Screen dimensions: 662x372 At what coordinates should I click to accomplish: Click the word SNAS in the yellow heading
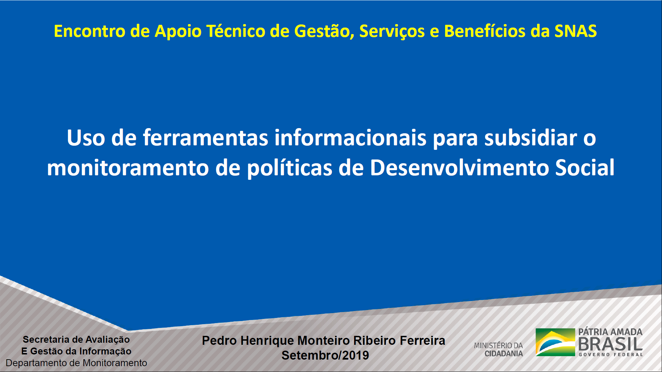(575, 31)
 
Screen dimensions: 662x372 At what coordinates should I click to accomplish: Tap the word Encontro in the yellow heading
(89, 31)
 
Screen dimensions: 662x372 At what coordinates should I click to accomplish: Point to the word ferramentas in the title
(205, 138)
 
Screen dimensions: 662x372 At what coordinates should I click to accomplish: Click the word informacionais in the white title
(350, 138)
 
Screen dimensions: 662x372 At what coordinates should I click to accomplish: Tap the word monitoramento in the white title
(128, 168)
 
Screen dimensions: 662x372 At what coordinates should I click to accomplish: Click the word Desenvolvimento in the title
(459, 168)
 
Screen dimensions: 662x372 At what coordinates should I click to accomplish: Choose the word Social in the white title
(585, 168)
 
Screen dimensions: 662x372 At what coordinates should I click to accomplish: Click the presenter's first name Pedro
(219, 341)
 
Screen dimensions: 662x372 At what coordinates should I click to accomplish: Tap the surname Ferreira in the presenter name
(422, 341)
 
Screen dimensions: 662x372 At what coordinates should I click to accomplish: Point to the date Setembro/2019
(325, 355)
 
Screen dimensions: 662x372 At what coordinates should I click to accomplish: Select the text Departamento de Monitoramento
(77, 363)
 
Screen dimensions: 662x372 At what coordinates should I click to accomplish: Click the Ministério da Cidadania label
(499, 349)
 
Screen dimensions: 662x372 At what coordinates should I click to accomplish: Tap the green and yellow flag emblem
(555, 342)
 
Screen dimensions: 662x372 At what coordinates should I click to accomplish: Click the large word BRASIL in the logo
(610, 344)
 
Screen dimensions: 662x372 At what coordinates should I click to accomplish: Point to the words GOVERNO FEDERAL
(611, 354)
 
